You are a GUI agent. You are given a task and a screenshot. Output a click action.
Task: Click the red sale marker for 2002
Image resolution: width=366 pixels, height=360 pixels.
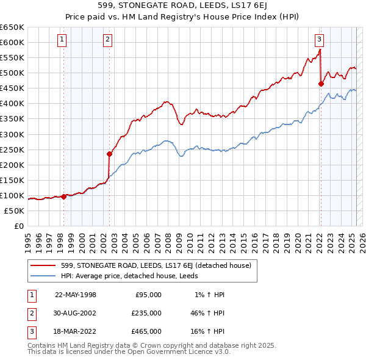pos(110,154)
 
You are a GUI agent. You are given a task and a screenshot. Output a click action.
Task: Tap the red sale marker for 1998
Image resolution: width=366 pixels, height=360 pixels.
pos(63,196)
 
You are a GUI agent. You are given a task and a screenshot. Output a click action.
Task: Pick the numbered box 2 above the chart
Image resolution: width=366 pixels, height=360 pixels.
pos(107,40)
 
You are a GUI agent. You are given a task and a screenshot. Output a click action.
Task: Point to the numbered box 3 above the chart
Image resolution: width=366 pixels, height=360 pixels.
pos(319,40)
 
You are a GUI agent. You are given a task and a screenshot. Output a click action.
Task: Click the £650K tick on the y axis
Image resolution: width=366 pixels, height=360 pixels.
pos(12,27)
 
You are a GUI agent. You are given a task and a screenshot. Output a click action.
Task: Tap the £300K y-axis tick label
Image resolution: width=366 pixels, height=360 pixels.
pos(12,134)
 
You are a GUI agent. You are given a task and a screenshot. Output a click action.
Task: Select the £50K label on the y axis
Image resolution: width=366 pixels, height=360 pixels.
pos(14,211)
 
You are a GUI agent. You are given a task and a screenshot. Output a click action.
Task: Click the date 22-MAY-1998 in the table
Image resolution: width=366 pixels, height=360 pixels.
pos(76,295)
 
